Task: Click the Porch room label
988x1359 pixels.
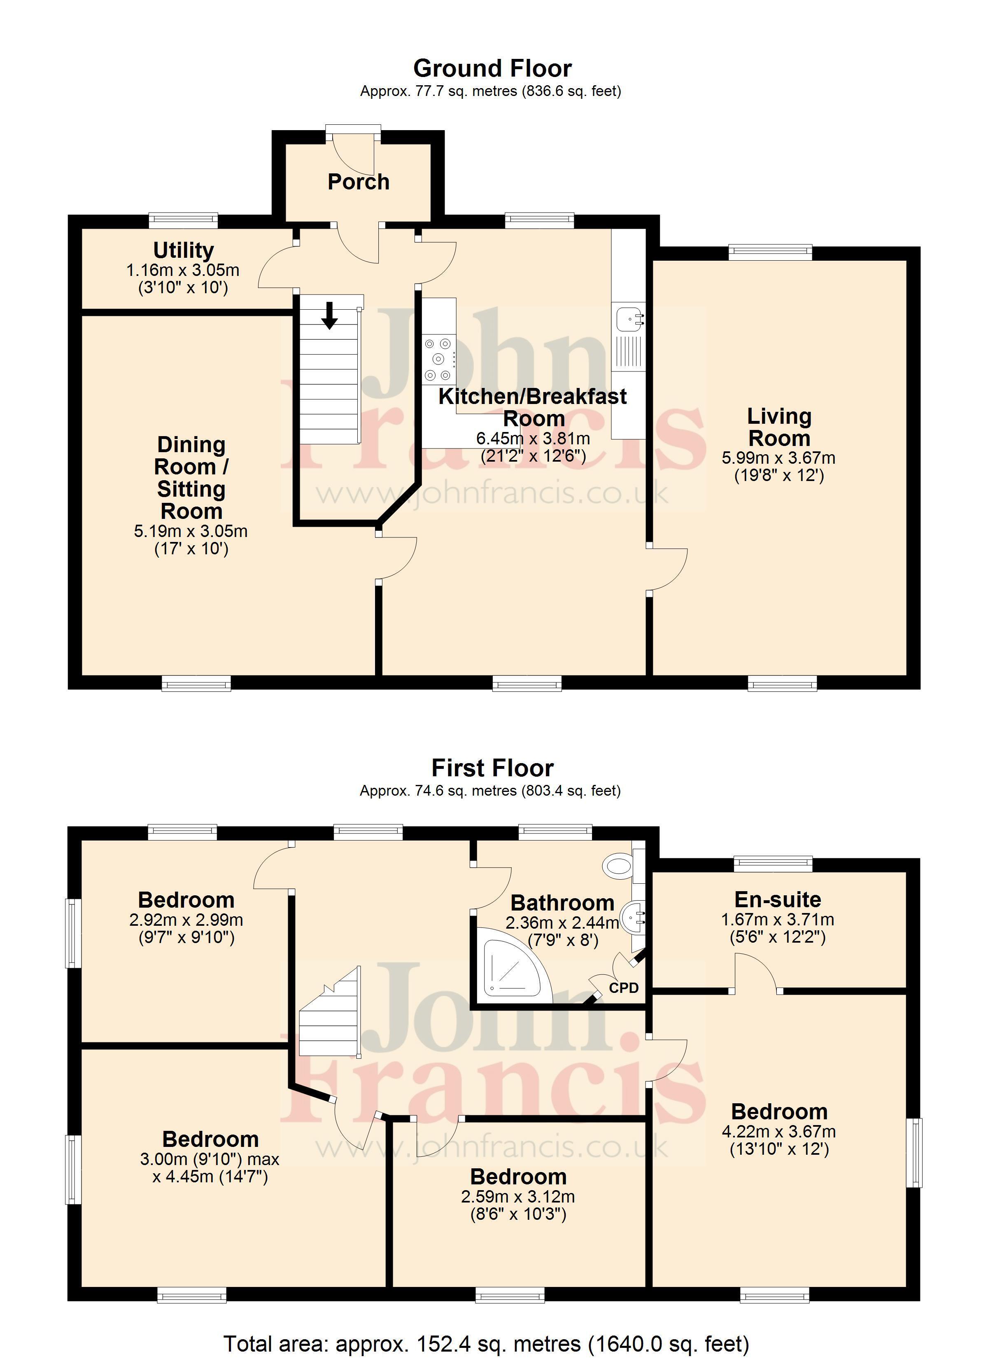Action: [358, 182]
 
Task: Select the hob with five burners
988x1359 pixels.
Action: [438, 360]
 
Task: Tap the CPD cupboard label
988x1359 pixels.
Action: [624, 988]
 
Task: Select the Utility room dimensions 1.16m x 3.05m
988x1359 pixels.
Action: [183, 270]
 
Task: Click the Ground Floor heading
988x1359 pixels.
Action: [492, 68]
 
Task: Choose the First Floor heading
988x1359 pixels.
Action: [492, 768]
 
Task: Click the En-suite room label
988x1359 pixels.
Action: [778, 899]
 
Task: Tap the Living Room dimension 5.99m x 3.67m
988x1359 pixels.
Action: [778, 458]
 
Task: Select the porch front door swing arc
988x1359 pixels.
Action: [354, 153]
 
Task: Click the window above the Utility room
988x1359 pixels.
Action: [183, 220]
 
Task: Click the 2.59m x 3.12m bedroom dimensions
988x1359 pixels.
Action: [517, 1197]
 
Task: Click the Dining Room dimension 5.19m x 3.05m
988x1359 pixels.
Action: [191, 531]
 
